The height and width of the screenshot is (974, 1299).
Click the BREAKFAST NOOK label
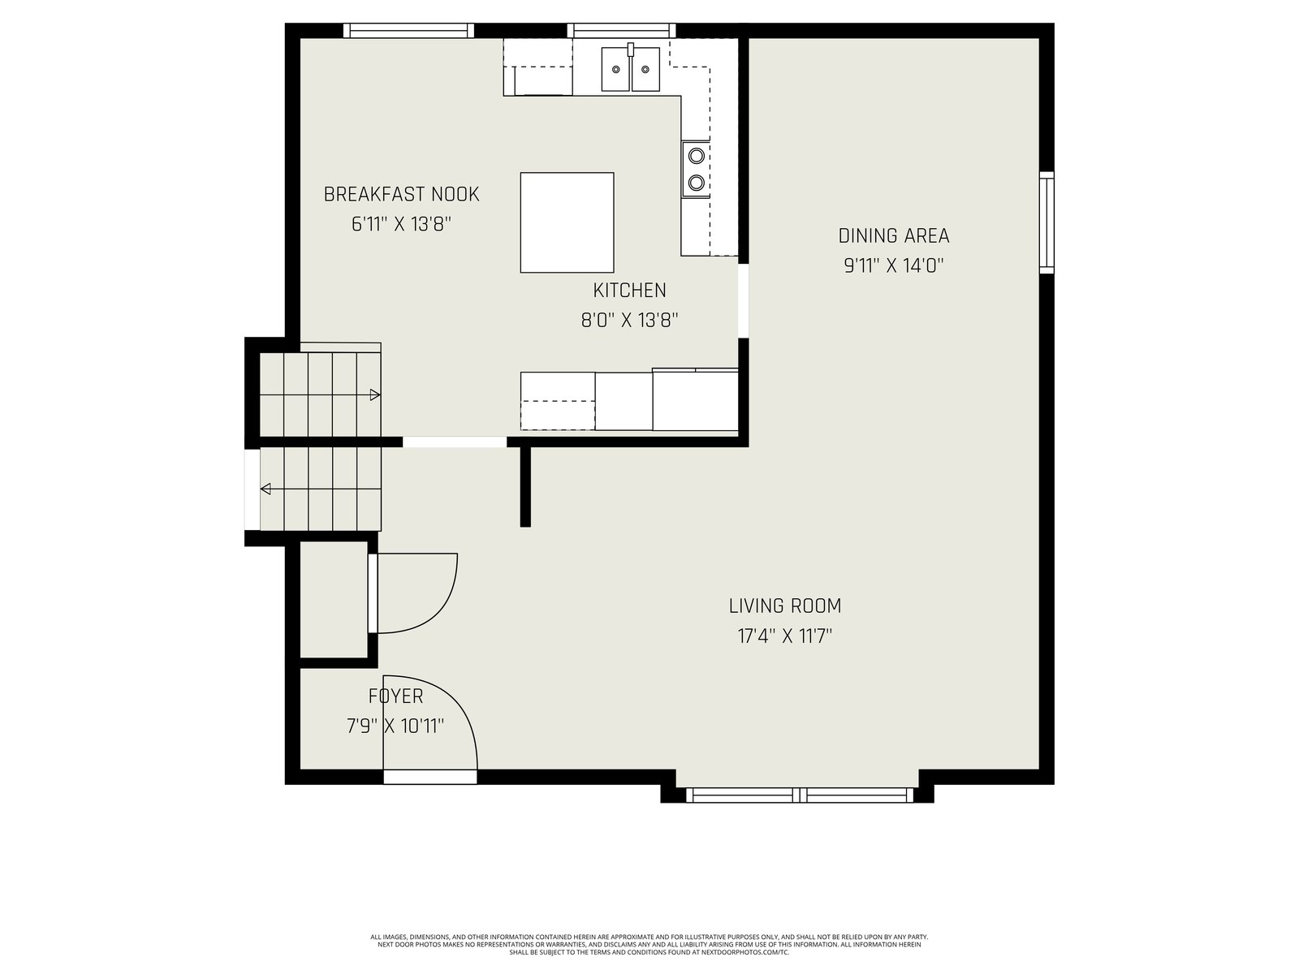point(401,195)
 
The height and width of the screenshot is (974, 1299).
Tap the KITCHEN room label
point(629,291)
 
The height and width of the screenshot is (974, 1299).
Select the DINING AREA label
point(894,236)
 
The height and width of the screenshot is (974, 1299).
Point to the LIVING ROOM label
point(785,606)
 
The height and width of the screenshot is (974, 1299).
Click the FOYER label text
point(396,696)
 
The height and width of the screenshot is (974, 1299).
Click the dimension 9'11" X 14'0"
point(894,266)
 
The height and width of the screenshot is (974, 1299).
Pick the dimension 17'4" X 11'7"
point(785,636)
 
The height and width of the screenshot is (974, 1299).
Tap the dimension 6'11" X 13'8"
point(401,225)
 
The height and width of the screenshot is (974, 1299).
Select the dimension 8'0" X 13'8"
point(629,321)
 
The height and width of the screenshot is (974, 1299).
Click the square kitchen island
point(567,222)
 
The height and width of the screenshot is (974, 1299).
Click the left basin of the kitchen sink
point(616,69)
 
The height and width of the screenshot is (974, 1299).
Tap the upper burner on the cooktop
point(697,156)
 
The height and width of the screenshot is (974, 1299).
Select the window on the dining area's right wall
point(1047,222)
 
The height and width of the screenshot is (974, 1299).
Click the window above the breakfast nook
point(409,31)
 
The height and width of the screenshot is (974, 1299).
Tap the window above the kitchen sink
point(621,31)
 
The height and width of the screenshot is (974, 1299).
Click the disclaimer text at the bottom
point(649,945)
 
